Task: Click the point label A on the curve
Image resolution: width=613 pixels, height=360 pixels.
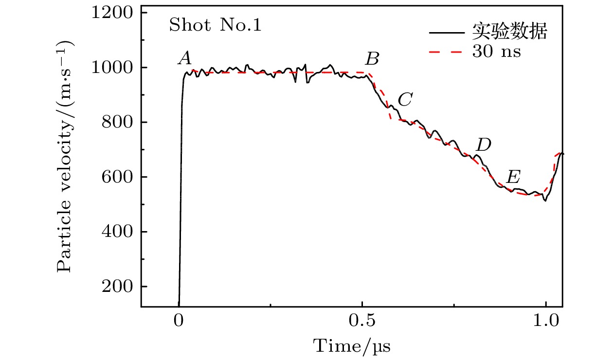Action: pyautogui.click(x=184, y=59)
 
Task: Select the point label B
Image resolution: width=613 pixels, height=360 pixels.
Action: pyautogui.click(x=372, y=59)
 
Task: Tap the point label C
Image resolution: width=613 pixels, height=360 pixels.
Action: pyautogui.click(x=405, y=100)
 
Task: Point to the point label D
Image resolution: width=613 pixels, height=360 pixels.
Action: pyautogui.click(x=483, y=144)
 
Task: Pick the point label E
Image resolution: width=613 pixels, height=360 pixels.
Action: pyautogui.click(x=513, y=177)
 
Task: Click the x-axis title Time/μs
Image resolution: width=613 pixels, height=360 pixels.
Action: pyautogui.click(x=352, y=346)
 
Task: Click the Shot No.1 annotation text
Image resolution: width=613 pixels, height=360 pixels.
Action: pyautogui.click(x=215, y=25)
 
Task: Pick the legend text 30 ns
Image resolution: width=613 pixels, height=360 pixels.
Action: pyautogui.click(x=496, y=52)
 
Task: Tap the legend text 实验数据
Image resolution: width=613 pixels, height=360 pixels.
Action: pyautogui.click(x=510, y=33)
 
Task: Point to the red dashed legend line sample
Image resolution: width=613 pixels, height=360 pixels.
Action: pyautogui.click(x=446, y=52)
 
